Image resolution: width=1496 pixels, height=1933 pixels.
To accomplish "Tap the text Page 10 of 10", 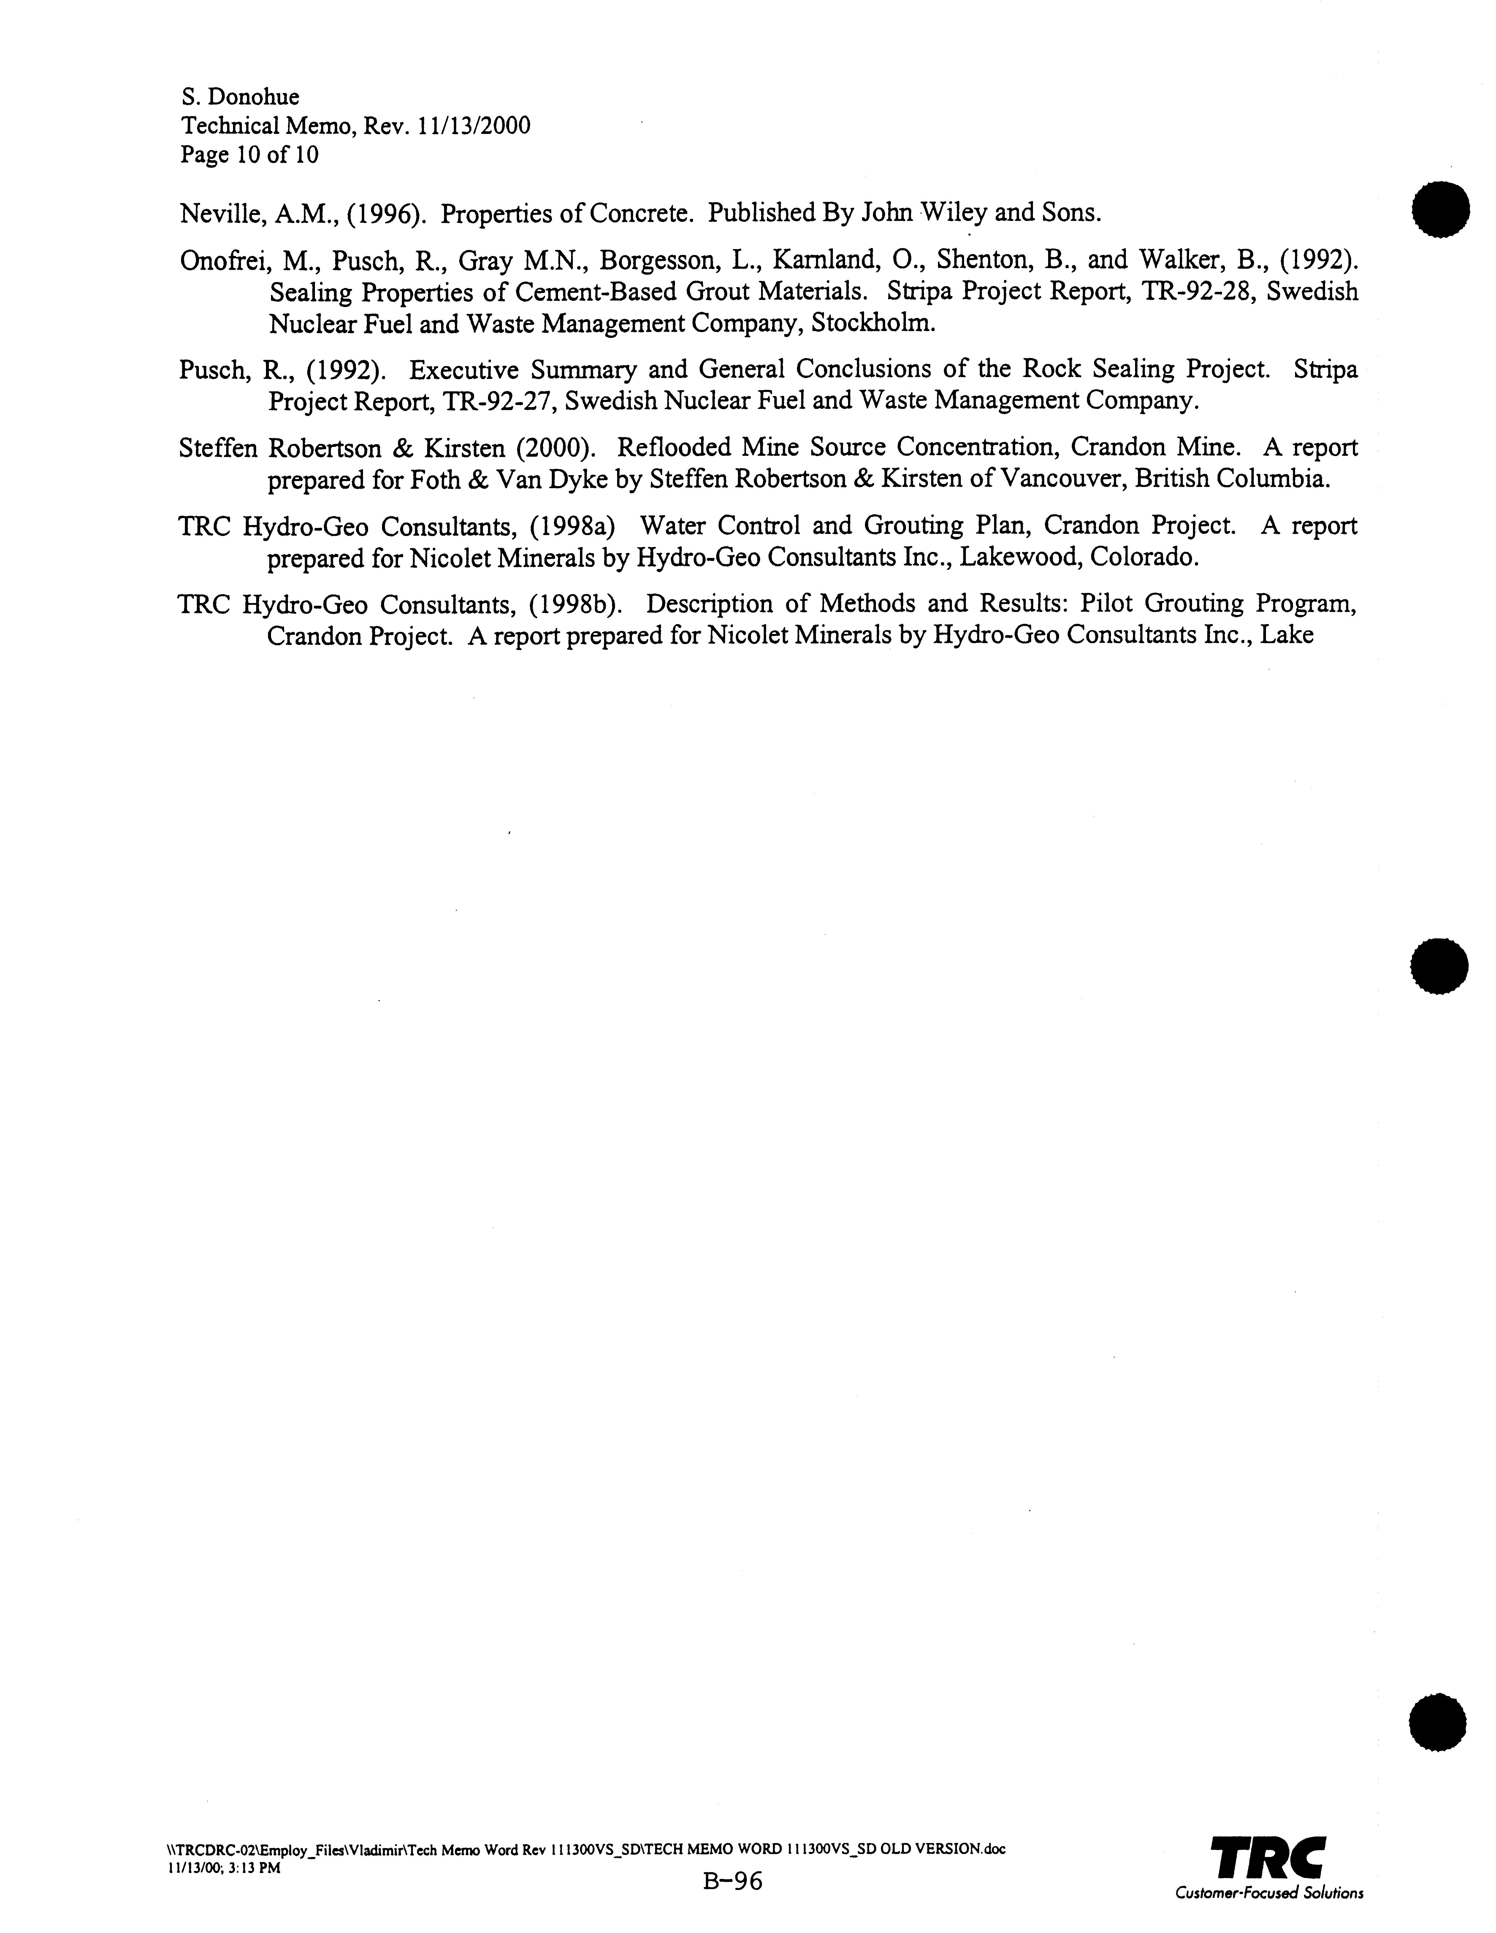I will tap(249, 155).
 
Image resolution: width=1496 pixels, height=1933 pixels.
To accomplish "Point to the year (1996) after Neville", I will tap(383, 213).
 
